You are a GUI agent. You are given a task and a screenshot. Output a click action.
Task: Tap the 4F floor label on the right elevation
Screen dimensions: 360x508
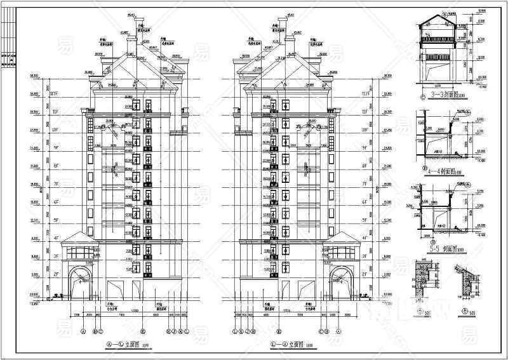(x=364, y=238)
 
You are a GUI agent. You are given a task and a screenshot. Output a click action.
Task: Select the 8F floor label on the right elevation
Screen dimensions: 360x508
(x=364, y=166)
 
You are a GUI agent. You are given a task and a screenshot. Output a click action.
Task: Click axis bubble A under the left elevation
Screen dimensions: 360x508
(x=83, y=331)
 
